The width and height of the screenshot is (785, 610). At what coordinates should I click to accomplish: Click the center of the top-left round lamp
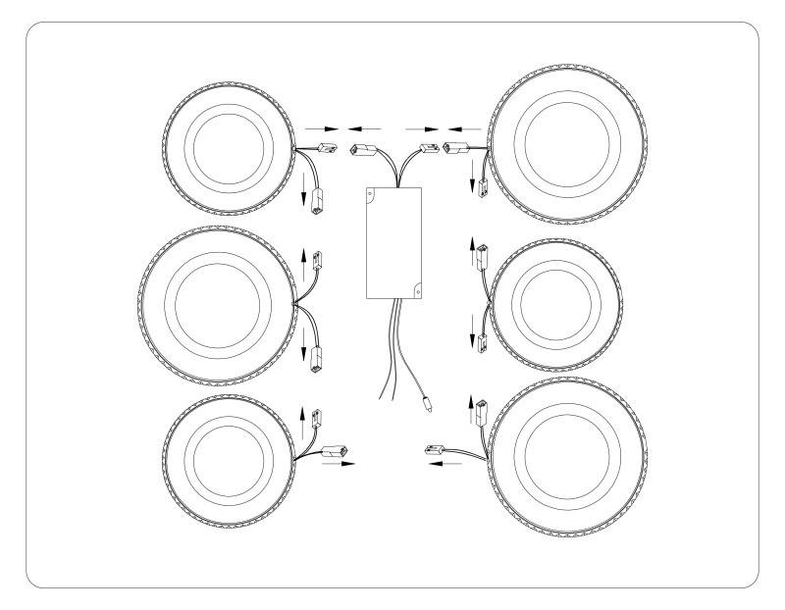tap(229, 145)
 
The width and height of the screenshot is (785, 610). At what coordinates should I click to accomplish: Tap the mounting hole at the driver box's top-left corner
tap(371, 193)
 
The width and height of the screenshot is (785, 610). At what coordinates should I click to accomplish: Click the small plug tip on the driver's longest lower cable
tap(427, 401)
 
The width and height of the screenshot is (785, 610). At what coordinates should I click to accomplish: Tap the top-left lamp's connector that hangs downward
tap(317, 206)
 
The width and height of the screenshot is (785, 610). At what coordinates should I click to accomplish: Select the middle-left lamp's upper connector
tap(316, 261)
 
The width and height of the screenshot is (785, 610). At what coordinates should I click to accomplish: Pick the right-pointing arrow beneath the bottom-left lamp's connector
tap(335, 466)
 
